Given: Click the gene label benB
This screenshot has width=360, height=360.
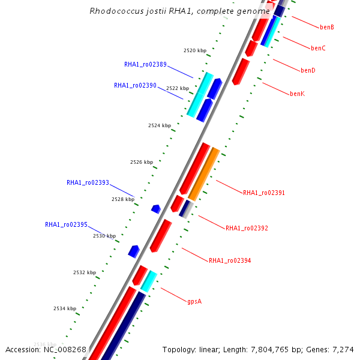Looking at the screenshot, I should [x=327, y=28].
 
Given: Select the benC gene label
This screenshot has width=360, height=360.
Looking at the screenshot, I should [x=318, y=48].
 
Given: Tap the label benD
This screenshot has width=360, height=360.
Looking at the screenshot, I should [x=308, y=71].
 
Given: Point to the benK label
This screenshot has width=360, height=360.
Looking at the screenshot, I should [x=297, y=94].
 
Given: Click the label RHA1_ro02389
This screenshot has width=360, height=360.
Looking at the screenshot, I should [x=145, y=65].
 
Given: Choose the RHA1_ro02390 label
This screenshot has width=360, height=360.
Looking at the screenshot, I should [x=135, y=86].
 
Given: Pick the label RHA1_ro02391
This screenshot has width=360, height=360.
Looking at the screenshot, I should [x=264, y=193].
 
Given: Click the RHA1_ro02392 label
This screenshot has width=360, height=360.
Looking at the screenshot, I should [x=247, y=229].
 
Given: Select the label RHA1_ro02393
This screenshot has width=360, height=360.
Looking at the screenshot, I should [x=88, y=183].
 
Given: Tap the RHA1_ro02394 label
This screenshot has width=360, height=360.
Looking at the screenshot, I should [x=230, y=261].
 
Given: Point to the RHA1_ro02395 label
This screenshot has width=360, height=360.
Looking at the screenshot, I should [x=66, y=225].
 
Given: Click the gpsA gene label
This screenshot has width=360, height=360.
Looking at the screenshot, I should [x=194, y=301].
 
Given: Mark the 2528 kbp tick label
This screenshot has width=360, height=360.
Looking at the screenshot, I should [x=122, y=199].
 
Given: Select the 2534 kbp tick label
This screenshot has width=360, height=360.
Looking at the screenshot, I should [x=65, y=309].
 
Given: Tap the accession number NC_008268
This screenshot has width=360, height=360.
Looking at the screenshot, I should [x=64, y=349].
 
